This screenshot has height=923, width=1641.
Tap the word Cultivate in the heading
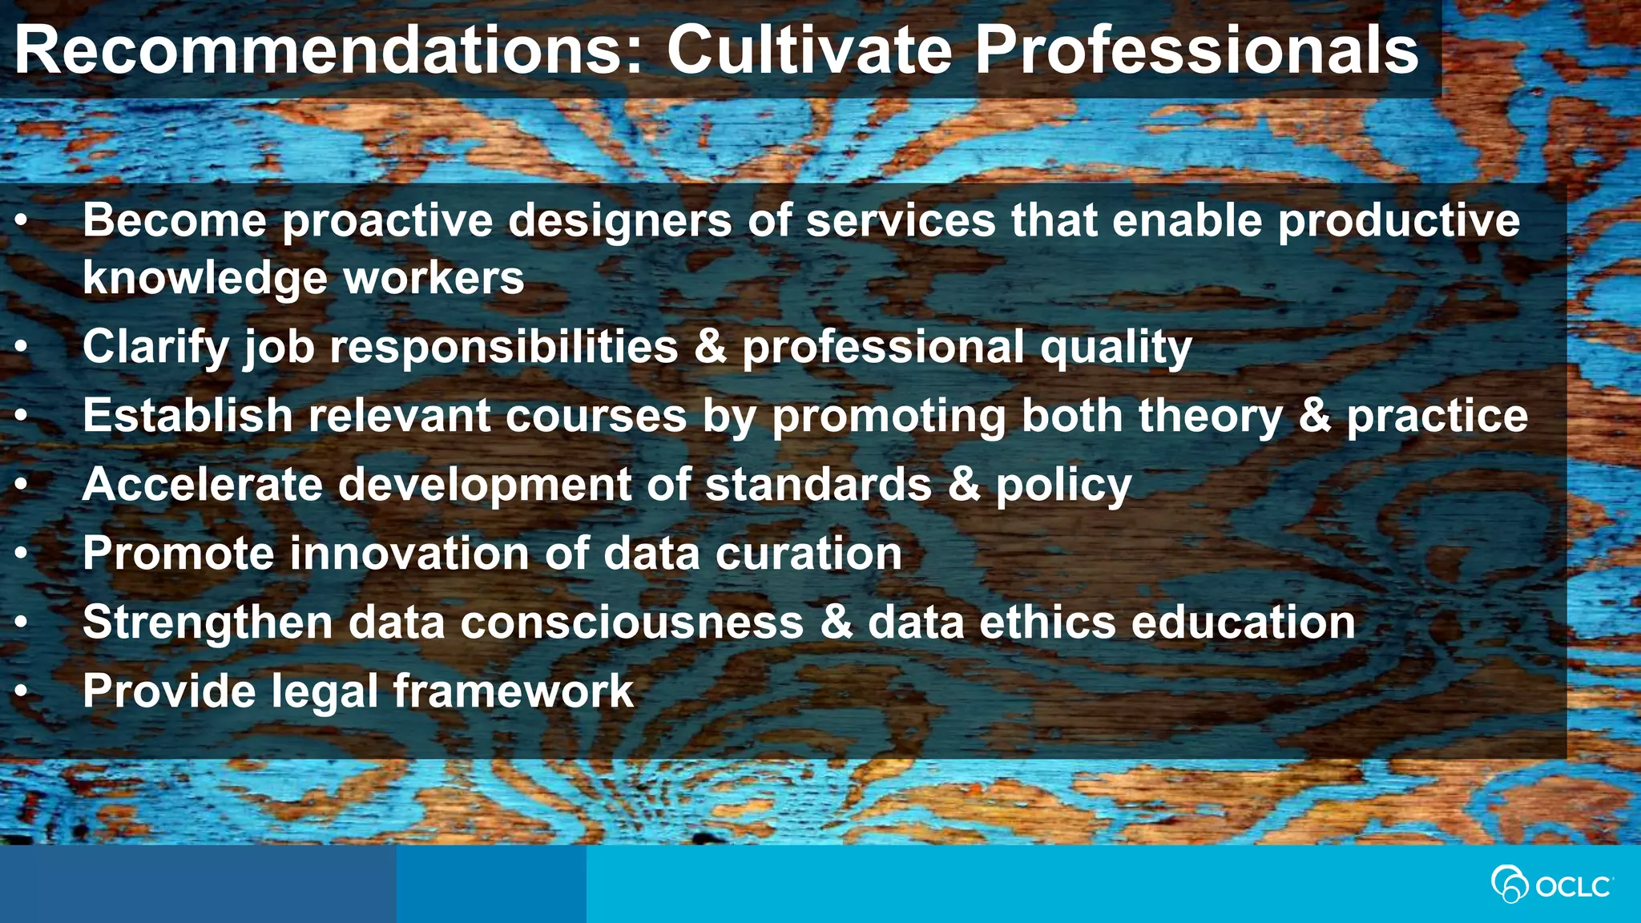click(x=809, y=50)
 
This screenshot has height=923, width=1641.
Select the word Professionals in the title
click(x=1196, y=50)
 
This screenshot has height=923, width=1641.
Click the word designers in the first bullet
click(x=620, y=221)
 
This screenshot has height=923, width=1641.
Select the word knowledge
click(x=205, y=279)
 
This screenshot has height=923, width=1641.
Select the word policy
click(x=1063, y=486)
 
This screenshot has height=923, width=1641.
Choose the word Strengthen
click(x=208, y=623)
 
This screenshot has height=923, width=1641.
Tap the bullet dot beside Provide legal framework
click(x=22, y=691)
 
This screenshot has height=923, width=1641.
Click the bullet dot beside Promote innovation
click(x=22, y=553)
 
